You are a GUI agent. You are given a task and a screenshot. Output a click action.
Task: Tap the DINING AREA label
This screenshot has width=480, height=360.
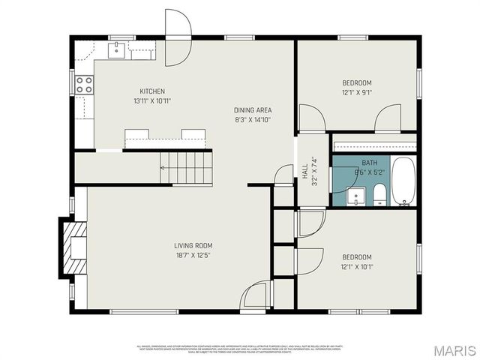pyautogui.click(x=252, y=110)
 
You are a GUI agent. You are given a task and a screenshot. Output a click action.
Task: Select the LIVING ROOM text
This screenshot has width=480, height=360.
pyautogui.click(x=193, y=245)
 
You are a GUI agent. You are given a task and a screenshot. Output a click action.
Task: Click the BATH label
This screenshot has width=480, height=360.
pyautogui.click(x=369, y=163)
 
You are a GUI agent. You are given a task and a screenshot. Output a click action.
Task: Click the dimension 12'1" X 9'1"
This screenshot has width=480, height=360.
pyautogui.click(x=357, y=93)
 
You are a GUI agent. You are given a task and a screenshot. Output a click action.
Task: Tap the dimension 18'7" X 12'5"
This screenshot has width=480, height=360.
pyautogui.click(x=193, y=255)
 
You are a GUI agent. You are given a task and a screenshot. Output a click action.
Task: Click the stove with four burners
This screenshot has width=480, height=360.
pyautogui.click(x=84, y=85)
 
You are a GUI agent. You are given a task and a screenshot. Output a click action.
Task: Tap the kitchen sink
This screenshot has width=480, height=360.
pyautogui.click(x=118, y=50)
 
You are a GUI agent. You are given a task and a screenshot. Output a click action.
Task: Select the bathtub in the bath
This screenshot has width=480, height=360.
pyautogui.click(x=403, y=181)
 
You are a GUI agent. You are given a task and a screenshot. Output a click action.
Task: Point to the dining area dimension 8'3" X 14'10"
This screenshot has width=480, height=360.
pyautogui.click(x=252, y=120)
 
